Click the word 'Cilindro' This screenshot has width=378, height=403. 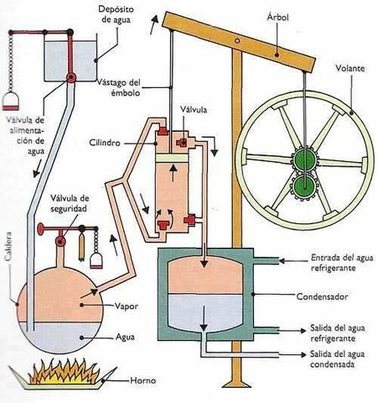tap(127, 144)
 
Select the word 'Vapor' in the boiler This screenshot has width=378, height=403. tap(127, 306)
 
